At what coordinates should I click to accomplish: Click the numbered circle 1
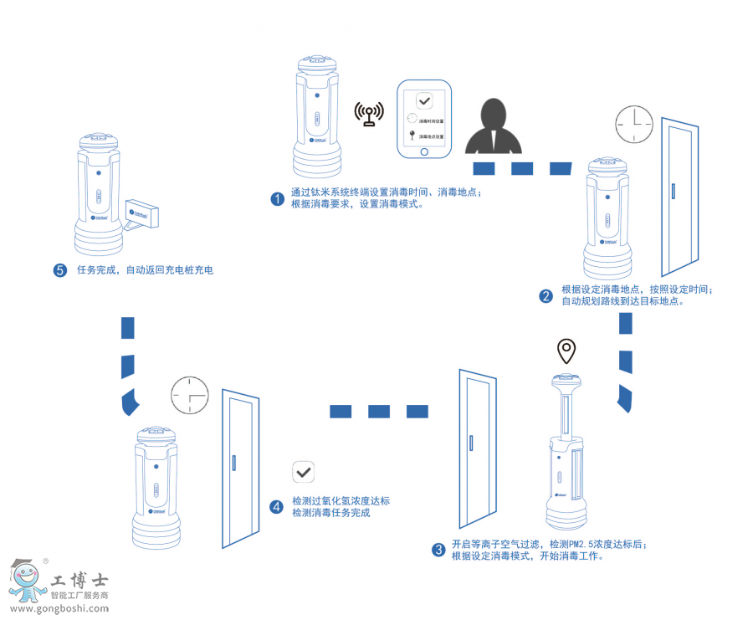coord(277,198)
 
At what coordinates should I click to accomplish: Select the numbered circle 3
coord(438,550)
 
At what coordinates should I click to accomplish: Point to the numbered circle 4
coord(277,507)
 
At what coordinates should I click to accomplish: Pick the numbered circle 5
coord(59,270)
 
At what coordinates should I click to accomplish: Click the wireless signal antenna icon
coord(369,114)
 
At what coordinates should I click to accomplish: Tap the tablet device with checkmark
coord(424,120)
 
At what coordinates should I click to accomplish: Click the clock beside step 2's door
coord(634,125)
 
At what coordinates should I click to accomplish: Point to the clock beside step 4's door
coord(190,396)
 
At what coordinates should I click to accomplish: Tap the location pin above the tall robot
coord(568,351)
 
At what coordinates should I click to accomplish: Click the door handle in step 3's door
coord(473,443)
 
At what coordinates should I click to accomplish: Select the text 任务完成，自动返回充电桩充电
coord(145,270)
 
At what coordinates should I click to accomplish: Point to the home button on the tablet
coord(424,151)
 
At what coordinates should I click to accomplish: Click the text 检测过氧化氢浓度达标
coord(341,501)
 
